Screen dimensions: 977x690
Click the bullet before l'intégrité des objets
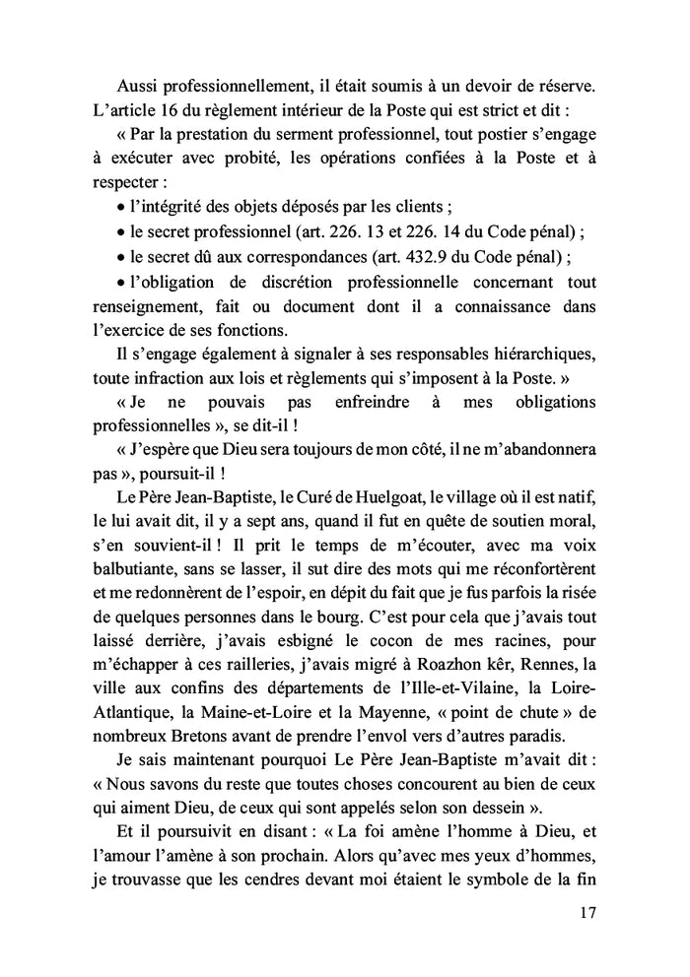pyautogui.click(x=119, y=209)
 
